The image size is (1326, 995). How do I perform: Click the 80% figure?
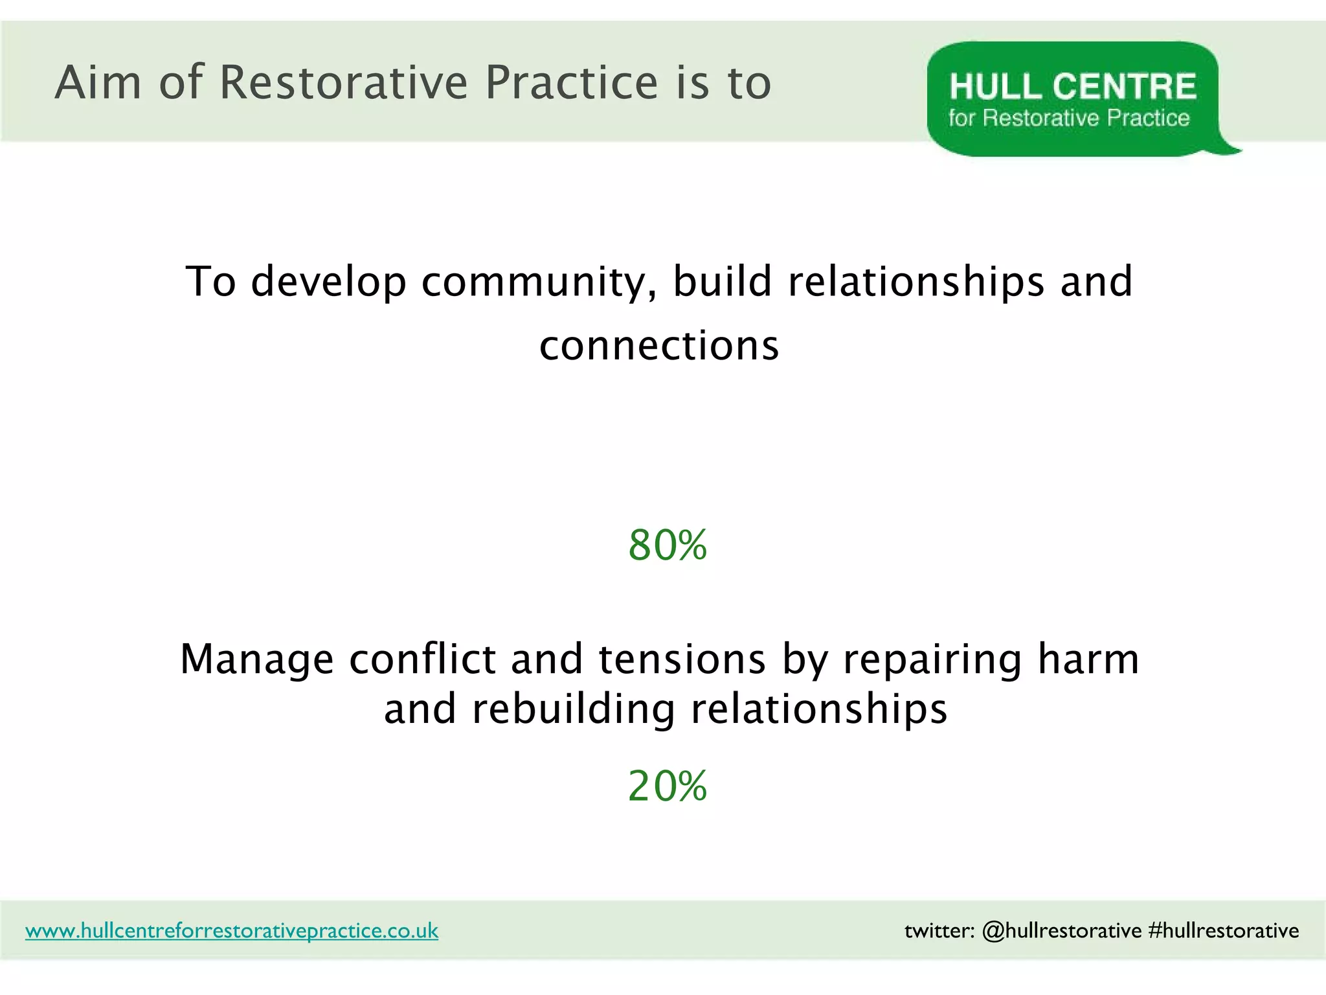[x=667, y=545]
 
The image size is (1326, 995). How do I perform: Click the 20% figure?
[x=667, y=786]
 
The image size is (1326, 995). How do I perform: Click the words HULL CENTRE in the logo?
[x=1072, y=87]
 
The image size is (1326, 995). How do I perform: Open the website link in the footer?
[x=232, y=931]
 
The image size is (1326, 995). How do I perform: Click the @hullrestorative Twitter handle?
[x=1062, y=931]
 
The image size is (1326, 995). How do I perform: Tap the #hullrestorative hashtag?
[x=1223, y=931]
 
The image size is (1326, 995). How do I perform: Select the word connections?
[x=659, y=346]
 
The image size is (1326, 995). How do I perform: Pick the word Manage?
[x=257, y=659]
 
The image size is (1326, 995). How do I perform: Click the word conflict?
[x=422, y=659]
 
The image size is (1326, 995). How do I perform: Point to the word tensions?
[x=682, y=659]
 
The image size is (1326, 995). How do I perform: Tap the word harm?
[x=1088, y=659]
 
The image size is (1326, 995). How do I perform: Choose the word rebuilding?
[x=574, y=709]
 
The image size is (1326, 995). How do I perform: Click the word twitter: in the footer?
[x=939, y=931]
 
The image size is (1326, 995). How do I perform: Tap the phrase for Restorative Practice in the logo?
[x=1068, y=118]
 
